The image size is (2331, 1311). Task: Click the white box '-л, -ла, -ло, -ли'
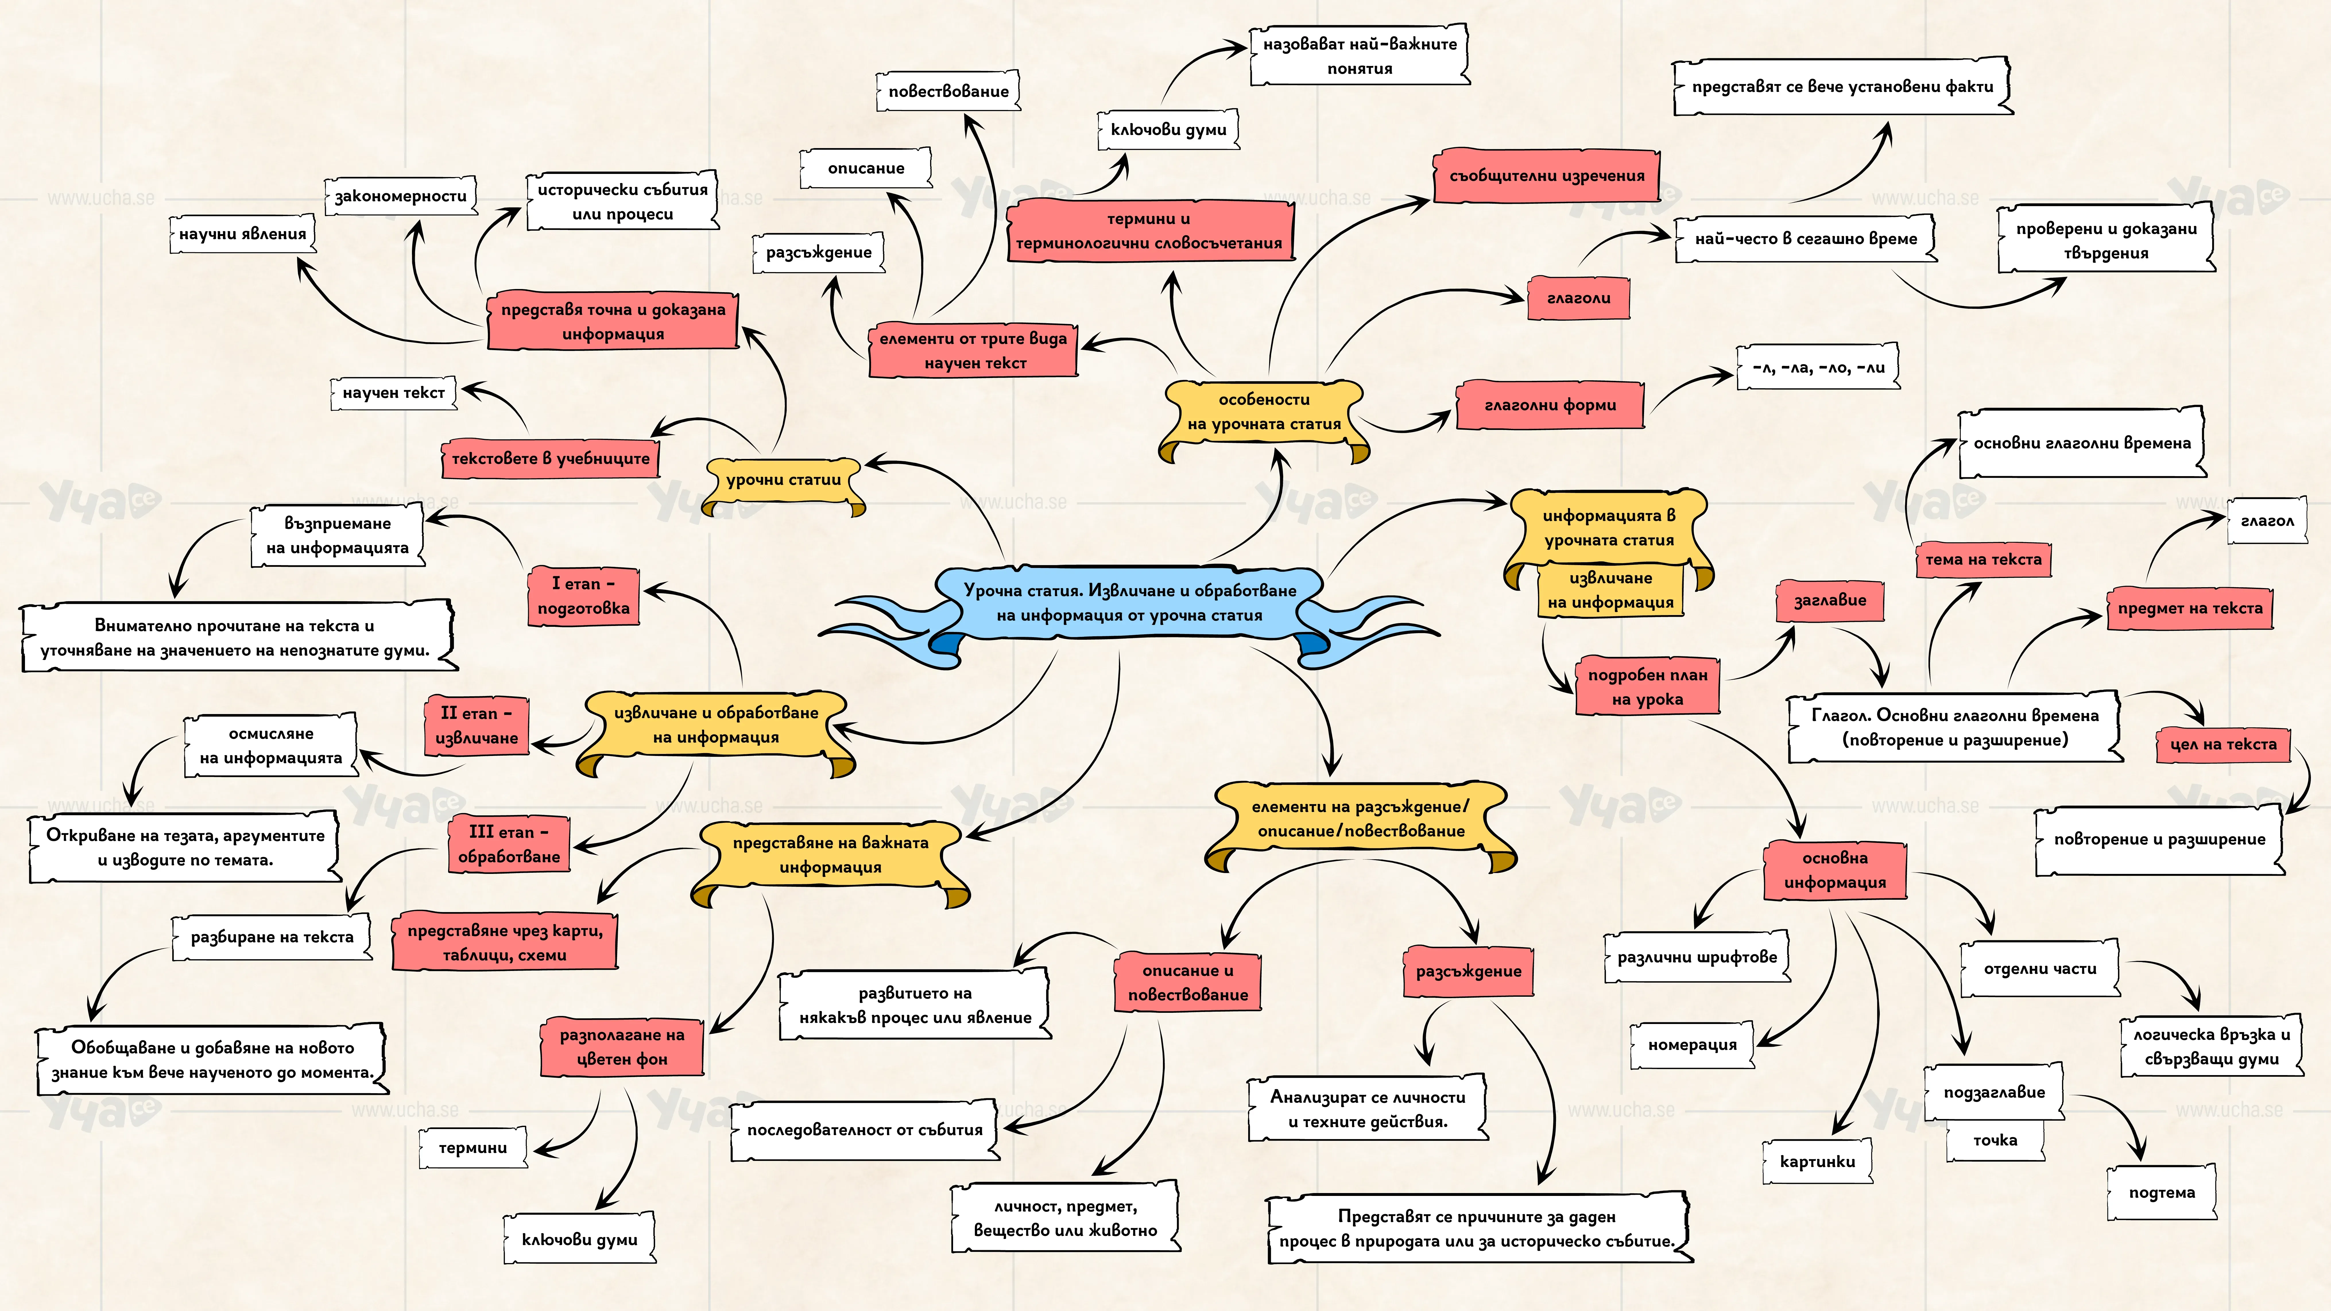point(1818,367)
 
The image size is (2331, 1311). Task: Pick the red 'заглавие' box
point(1830,601)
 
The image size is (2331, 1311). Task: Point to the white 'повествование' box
point(948,91)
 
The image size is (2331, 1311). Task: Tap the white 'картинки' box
point(1817,1162)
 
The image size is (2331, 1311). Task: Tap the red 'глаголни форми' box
point(1550,405)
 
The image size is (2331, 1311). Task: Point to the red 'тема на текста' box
point(1984,560)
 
